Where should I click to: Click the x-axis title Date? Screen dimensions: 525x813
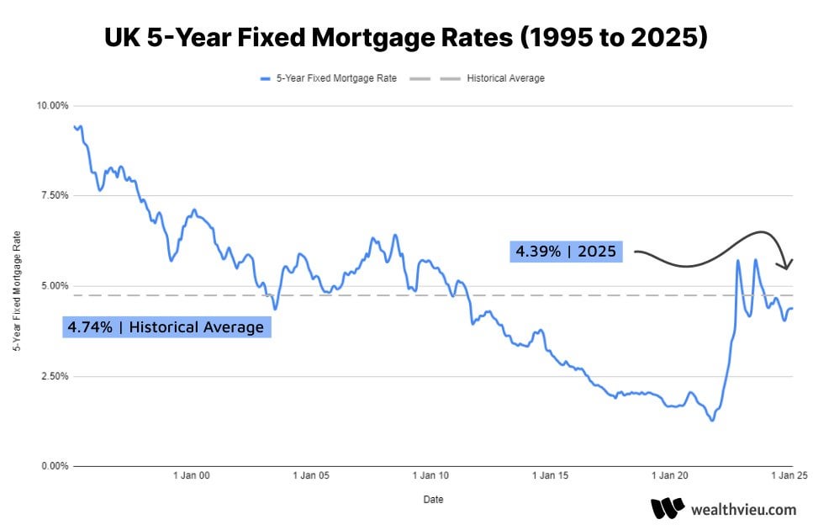click(x=433, y=499)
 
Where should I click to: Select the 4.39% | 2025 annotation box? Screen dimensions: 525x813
click(x=566, y=251)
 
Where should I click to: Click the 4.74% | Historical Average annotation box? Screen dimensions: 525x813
click(x=166, y=326)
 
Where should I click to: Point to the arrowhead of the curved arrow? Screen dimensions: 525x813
click(x=789, y=265)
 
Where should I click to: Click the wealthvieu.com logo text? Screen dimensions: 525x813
click(x=742, y=509)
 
